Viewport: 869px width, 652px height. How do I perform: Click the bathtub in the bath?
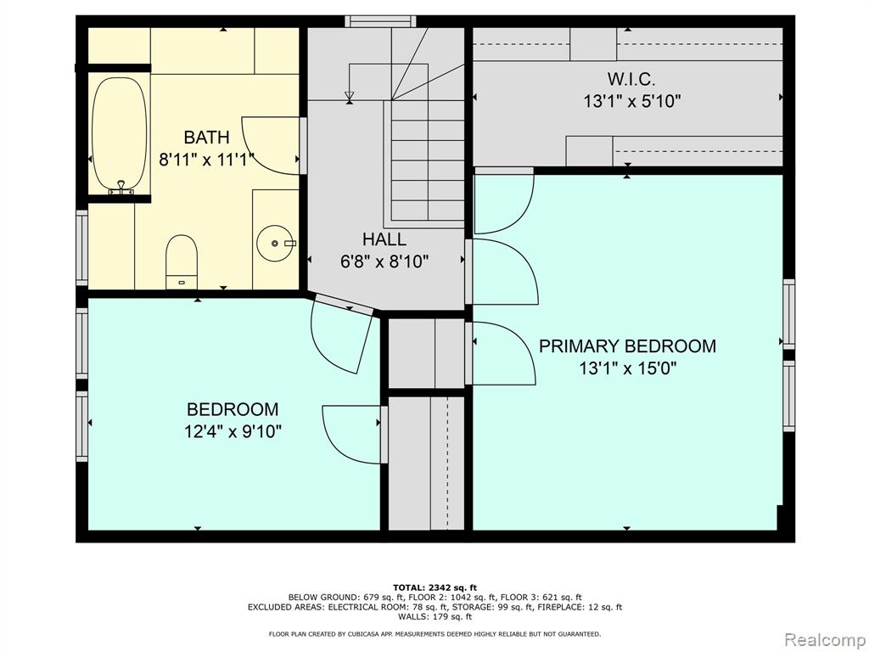click(119, 135)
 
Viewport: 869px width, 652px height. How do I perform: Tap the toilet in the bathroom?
click(182, 261)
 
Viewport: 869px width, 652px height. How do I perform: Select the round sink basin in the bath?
click(275, 244)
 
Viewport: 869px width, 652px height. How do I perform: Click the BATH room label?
click(206, 137)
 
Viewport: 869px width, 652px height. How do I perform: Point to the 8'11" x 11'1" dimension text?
click(206, 160)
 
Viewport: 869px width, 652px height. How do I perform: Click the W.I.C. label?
click(631, 79)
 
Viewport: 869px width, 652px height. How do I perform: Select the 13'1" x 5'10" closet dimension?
click(631, 102)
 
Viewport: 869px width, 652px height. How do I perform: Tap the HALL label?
click(384, 239)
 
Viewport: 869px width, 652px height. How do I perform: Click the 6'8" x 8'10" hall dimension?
click(384, 261)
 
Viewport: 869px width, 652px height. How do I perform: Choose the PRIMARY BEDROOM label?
click(627, 346)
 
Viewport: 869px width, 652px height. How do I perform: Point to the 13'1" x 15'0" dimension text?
click(628, 368)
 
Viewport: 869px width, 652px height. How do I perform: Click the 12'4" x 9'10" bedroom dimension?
click(233, 431)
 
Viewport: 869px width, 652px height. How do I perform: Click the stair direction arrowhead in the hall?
click(349, 97)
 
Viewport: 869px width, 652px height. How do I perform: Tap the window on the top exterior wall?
click(380, 21)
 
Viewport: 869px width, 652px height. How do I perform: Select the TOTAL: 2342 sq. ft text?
click(434, 587)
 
